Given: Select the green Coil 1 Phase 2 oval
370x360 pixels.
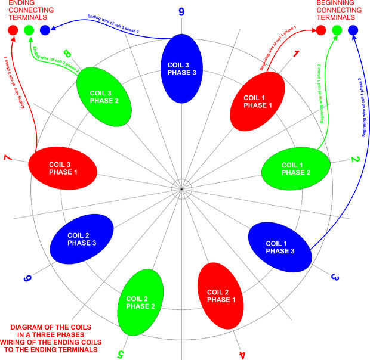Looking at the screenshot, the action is (x=296, y=169).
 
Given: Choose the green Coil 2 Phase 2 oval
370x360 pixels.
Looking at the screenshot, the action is (x=141, y=301).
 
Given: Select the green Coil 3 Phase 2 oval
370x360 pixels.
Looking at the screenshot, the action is (x=104, y=96).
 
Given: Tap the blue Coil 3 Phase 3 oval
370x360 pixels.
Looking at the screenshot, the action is (x=181, y=69).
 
